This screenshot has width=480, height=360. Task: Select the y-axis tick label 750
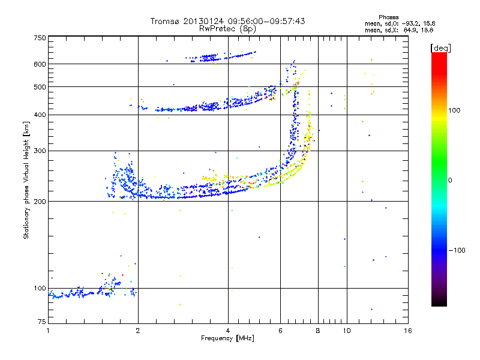point(40,37)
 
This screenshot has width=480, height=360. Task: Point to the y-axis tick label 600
point(40,64)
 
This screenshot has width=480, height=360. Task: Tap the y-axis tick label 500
point(40,87)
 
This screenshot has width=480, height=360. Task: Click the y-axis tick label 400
point(40,115)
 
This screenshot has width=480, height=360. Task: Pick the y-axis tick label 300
point(40,151)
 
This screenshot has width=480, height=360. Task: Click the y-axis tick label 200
point(40,202)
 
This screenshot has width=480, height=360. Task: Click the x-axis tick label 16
point(407,331)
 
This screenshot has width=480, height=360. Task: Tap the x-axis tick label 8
point(318,331)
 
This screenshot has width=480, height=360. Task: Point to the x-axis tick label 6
point(280,331)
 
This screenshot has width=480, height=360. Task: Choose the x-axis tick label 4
point(228,331)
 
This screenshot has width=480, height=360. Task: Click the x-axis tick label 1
point(49,331)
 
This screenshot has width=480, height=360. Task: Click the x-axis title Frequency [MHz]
point(228,339)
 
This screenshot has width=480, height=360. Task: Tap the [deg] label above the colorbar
point(441,47)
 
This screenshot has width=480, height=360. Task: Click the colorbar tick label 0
point(450,180)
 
